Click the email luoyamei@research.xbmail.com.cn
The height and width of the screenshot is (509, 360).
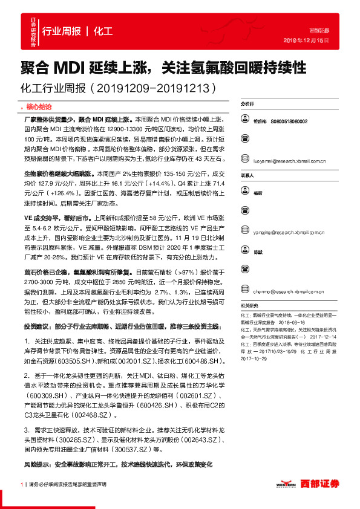(286, 161)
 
